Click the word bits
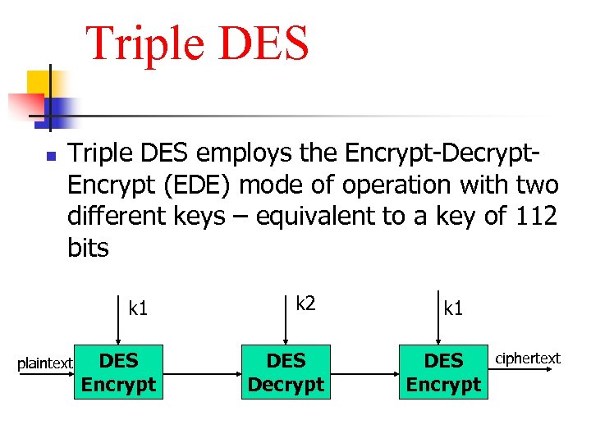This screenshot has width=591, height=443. pos(88,248)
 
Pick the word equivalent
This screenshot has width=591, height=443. pos(320,217)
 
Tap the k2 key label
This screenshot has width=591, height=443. pos(305,304)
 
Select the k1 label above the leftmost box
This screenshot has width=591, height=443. pos(138,308)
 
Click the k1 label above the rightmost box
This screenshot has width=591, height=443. pos(453,308)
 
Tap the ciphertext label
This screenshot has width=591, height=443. pos(527,358)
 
